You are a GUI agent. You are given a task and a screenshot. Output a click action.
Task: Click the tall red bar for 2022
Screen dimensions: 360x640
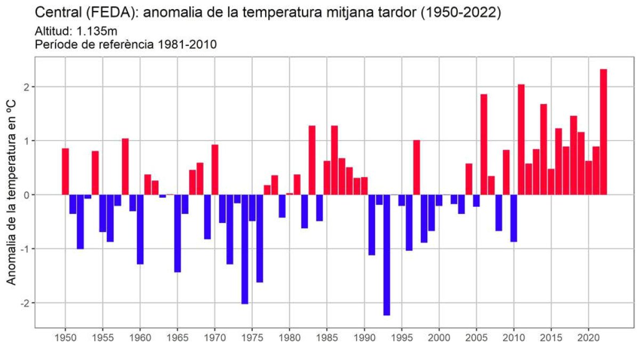point(603,132)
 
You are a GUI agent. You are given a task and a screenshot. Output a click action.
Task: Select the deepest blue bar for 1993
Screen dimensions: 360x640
point(387,255)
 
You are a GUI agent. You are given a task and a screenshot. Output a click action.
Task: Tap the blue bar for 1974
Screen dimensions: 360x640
point(245,249)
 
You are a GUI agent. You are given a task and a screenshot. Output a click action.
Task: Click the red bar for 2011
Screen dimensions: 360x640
point(521,139)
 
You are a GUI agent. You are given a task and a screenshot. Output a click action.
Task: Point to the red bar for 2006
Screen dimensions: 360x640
point(484,145)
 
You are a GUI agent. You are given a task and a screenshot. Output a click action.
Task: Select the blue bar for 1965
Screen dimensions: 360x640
point(178,233)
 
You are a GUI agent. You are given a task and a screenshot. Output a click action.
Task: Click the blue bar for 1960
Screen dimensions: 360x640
point(140,229)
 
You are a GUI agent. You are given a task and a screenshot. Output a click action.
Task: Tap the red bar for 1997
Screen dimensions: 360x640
point(417,167)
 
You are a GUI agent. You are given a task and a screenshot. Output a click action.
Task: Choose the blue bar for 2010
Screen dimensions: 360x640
point(514,218)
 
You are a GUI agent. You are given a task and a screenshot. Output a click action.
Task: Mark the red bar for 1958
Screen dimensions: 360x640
point(125,166)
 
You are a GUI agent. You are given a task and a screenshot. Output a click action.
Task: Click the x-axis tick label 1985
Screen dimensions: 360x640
point(327,338)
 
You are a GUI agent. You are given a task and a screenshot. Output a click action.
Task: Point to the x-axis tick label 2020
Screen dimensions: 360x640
point(588,338)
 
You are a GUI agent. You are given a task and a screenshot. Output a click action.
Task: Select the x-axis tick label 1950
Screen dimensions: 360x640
point(65,338)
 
